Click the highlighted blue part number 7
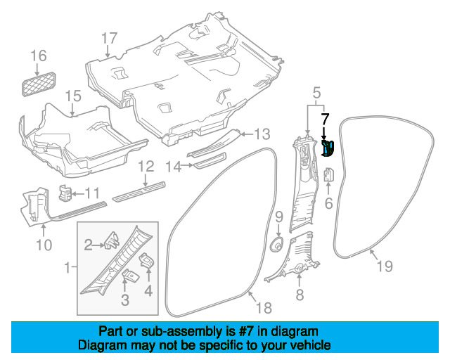point(328,148)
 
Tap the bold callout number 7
point(325,119)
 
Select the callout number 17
point(110,38)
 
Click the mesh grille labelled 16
point(39,84)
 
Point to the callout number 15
point(73,96)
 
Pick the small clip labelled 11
point(65,193)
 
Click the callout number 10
point(44,245)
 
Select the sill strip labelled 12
point(139,191)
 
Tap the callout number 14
point(174,167)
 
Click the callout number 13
point(262,134)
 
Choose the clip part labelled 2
point(112,240)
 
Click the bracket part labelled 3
point(130,276)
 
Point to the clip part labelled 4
point(147,260)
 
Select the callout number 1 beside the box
point(67,268)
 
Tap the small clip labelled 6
point(329,175)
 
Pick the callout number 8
point(300,295)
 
